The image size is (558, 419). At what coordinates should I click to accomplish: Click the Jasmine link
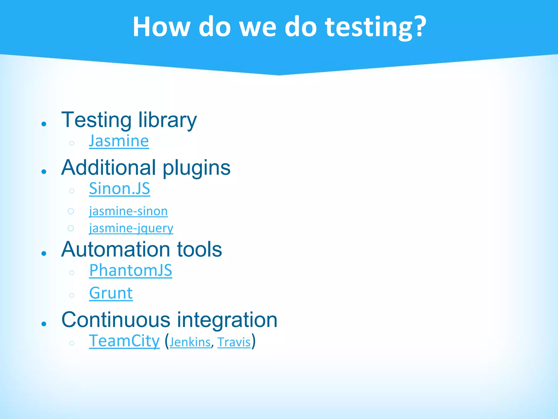coord(119,141)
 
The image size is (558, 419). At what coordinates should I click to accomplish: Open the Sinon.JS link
coord(119,188)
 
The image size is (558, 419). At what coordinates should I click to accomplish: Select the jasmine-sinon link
coord(128,211)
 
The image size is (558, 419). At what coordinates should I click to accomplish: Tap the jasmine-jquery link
coord(131,228)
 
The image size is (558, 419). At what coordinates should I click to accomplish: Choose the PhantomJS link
coord(131,270)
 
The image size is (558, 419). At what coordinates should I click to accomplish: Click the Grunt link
coord(111,293)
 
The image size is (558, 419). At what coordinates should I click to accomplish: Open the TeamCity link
coord(124,341)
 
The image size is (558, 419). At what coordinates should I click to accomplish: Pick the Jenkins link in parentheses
coord(190,342)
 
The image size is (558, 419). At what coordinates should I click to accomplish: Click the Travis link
coord(234,342)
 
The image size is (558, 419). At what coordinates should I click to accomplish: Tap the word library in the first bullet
coord(167,120)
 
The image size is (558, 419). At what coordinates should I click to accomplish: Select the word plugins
coord(196,168)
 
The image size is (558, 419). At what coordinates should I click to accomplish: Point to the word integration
coord(227,320)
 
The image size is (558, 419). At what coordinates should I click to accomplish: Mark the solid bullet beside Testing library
coord(44,124)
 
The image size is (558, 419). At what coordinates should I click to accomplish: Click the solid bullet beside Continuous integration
coord(44,324)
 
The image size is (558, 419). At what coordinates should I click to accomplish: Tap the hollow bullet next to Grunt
coord(72,295)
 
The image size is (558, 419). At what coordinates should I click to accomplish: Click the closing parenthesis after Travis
coord(254,341)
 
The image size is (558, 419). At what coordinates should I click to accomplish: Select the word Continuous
coord(116,320)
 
